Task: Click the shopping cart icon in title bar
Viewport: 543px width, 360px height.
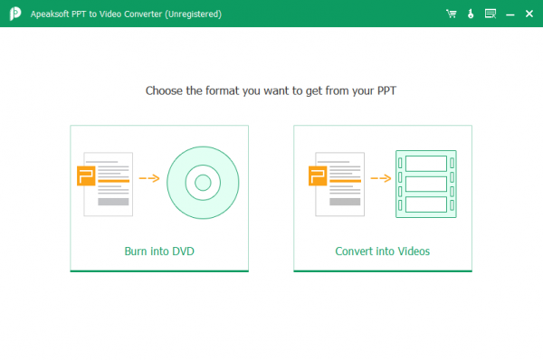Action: point(452,14)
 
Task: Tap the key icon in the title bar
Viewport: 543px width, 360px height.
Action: point(471,14)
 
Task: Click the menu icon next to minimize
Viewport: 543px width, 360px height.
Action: point(491,14)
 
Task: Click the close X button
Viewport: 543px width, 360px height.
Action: point(529,14)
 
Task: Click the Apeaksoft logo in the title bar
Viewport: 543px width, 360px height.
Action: point(15,14)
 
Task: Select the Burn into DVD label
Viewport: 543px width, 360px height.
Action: point(159,251)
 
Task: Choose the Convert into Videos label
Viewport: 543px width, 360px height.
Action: point(382,251)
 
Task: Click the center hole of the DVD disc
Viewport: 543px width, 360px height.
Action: point(203,183)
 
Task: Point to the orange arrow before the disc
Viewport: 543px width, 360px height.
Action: point(149,178)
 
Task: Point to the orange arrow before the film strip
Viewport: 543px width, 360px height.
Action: point(381,178)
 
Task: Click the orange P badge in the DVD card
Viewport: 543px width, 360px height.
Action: point(86,175)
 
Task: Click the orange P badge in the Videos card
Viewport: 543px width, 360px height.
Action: point(318,175)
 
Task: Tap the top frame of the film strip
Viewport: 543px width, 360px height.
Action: point(426,164)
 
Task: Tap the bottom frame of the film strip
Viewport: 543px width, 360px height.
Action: point(426,204)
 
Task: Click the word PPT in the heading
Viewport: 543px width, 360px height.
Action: point(386,90)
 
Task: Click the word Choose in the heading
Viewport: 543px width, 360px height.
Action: point(164,90)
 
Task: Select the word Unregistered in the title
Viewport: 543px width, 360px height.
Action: point(194,14)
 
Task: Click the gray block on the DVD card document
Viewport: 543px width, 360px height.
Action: point(113,202)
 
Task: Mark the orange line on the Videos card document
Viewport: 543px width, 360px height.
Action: point(345,181)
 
